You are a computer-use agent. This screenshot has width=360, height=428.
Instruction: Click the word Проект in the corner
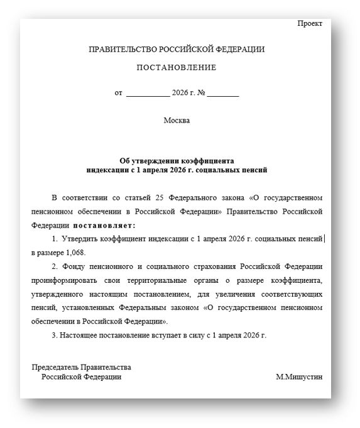(x=310, y=23)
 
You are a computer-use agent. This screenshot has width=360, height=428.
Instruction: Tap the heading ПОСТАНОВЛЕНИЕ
(x=177, y=68)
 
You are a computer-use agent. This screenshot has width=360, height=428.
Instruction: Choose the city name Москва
(x=177, y=120)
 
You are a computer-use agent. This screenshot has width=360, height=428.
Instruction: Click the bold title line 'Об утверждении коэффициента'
(x=177, y=161)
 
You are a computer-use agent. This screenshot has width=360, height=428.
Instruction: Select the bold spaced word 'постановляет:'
(x=104, y=224)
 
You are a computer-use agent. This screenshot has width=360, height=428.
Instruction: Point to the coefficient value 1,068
(x=74, y=253)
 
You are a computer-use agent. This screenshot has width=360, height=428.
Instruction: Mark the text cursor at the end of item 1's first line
(x=324, y=239)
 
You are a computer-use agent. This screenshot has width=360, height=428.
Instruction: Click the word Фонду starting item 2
(x=75, y=266)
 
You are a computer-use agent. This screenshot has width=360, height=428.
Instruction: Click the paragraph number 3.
(x=54, y=335)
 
